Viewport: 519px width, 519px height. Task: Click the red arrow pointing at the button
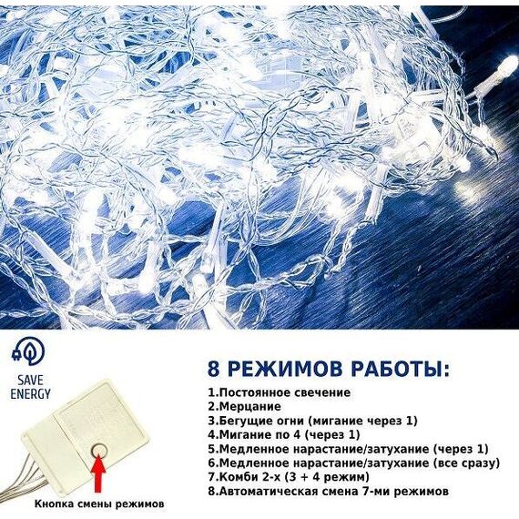pos(98,473)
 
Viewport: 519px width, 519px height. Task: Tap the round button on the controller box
pos(99,450)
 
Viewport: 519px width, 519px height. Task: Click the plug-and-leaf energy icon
pos(28,351)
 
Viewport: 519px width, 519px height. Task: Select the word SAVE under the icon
pos(30,381)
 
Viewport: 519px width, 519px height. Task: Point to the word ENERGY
pos(30,394)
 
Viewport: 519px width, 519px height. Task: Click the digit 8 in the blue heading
pos(214,369)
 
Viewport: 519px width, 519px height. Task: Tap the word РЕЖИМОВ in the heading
pos(285,369)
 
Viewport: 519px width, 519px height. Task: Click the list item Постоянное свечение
pos(279,392)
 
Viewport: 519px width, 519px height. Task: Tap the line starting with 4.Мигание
pos(284,434)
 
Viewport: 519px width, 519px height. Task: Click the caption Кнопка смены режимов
pos(99,504)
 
